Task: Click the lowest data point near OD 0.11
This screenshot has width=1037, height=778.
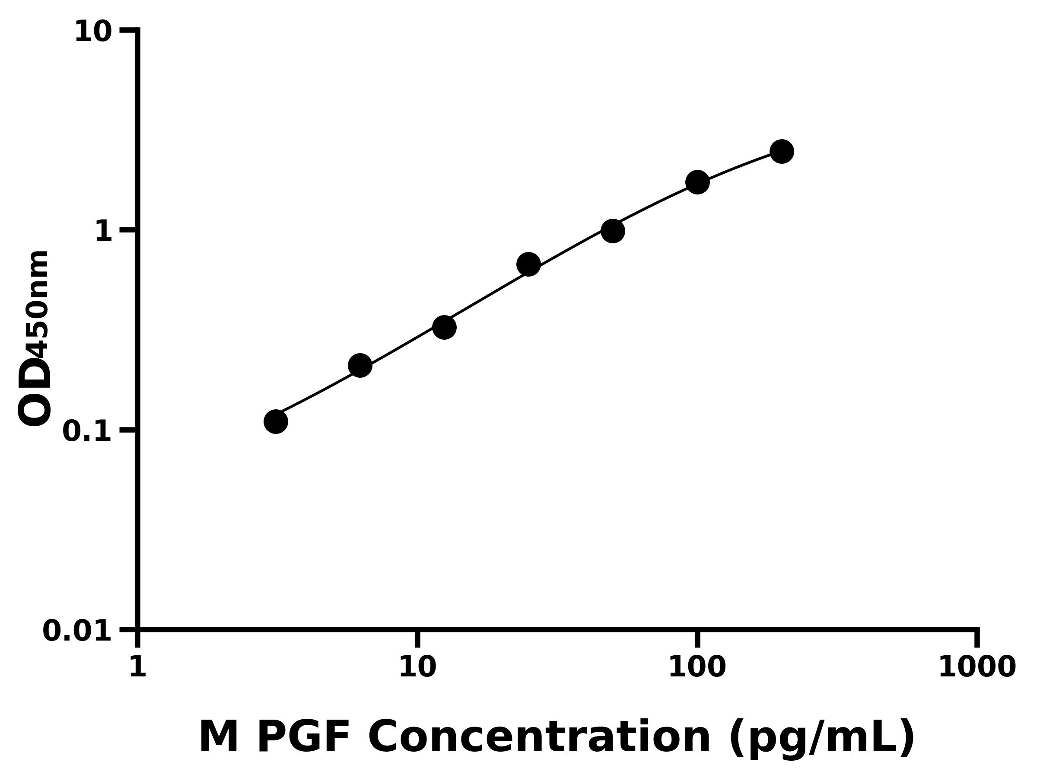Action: [x=276, y=421]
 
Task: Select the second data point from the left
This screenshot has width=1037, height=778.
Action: [x=360, y=365]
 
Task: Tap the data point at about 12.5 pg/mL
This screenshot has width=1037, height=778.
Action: [x=444, y=327]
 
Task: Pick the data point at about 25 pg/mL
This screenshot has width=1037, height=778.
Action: [x=528, y=265]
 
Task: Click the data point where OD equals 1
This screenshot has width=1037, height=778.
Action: [x=613, y=231]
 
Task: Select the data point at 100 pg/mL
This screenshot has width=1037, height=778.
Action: [x=697, y=182]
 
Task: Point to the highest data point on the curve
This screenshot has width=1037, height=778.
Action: [x=782, y=151]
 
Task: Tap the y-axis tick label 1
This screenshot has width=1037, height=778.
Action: [x=104, y=232]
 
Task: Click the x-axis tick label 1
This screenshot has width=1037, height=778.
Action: [x=138, y=667]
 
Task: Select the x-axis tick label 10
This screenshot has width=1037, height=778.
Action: [x=417, y=667]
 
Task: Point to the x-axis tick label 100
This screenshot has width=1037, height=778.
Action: [x=697, y=667]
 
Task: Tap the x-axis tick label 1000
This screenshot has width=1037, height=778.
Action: [x=977, y=667]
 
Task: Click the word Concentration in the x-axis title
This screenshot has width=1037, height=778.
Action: [x=539, y=737]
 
